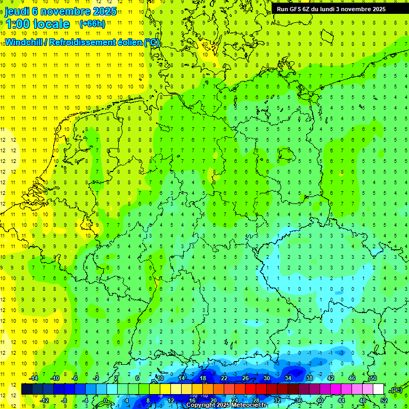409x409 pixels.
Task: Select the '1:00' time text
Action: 18,24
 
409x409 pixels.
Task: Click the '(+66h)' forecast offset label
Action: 92,24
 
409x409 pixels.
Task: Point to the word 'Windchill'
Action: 24,43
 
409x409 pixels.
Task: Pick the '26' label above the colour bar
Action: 246,379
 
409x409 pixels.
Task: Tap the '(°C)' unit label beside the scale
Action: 396,390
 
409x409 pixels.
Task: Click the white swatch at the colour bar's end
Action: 378,389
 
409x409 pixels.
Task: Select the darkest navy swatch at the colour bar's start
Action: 27,389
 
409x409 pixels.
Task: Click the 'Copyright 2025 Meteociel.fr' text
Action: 226,405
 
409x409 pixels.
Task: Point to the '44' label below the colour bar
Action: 341,400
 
